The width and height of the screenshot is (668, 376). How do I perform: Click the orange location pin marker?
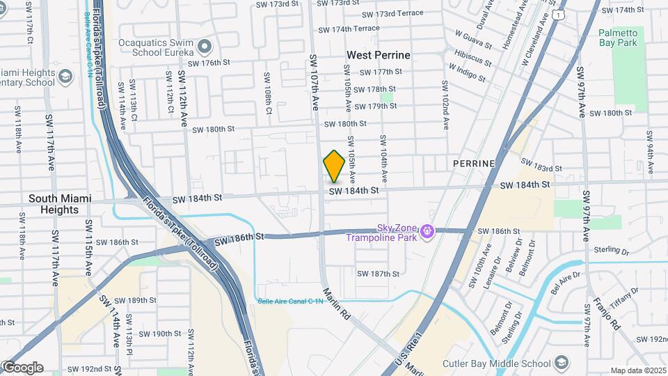[334, 166]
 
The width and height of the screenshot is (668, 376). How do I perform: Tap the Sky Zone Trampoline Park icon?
[427, 230]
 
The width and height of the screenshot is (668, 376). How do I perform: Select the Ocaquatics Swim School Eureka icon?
[204, 47]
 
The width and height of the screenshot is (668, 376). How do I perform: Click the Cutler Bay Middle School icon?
[561, 363]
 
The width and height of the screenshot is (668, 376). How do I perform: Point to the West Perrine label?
[379, 55]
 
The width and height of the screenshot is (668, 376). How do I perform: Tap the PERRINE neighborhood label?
[473, 163]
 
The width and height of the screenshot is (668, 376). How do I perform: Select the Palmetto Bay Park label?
[617, 38]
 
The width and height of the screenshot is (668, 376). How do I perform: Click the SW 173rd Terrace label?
[399, 13]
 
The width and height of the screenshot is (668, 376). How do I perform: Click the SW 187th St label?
[378, 274]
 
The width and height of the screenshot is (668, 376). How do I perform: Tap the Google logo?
[22, 368]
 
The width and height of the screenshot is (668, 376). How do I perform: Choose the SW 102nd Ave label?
[445, 104]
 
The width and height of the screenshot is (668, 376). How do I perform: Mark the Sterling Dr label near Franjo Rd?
[612, 249]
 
